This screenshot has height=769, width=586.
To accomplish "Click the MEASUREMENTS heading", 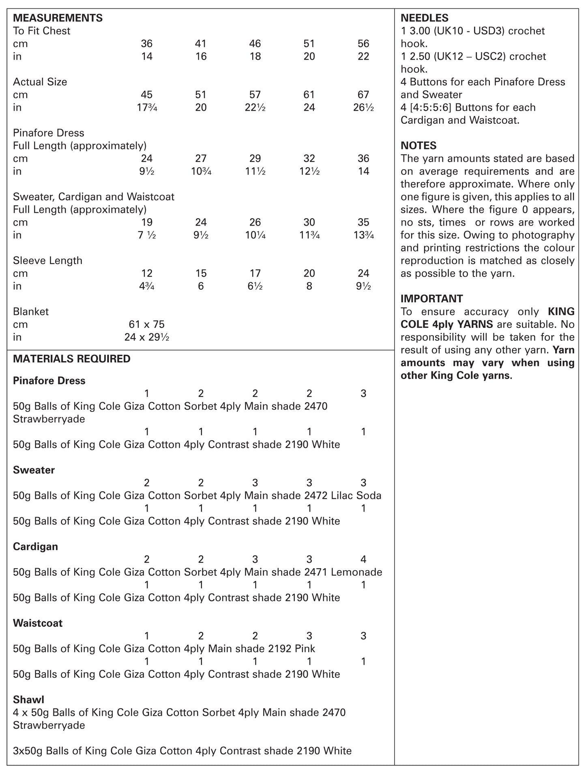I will coord(58,18).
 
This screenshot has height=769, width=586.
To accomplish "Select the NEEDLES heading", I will coord(425,18).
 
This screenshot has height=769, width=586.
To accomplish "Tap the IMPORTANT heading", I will coord(431,299).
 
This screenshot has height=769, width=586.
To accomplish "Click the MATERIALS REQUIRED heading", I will coord(72,359).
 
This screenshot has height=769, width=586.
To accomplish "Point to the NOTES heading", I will coord(419,145).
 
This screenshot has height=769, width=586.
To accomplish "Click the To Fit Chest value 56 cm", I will coord(363,43).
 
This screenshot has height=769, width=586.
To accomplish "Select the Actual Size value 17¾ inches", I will coord(147,108).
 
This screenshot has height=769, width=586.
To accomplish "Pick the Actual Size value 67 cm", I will coord(363,95).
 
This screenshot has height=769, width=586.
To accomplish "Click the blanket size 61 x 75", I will coord(146,324).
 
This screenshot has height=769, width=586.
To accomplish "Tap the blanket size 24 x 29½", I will coord(146,337).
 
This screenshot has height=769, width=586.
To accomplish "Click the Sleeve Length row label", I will coord(47,261).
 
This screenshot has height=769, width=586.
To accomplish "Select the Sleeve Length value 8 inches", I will coord(309,286).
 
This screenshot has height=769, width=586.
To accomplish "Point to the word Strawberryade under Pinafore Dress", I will coord(49,419).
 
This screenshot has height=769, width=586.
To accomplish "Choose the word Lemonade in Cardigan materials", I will coord(356,572).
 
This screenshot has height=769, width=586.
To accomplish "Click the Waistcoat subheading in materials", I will coord(38,623).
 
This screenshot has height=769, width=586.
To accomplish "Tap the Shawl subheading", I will coord(28,700).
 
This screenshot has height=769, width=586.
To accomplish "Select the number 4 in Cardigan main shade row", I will coord(363,559).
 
